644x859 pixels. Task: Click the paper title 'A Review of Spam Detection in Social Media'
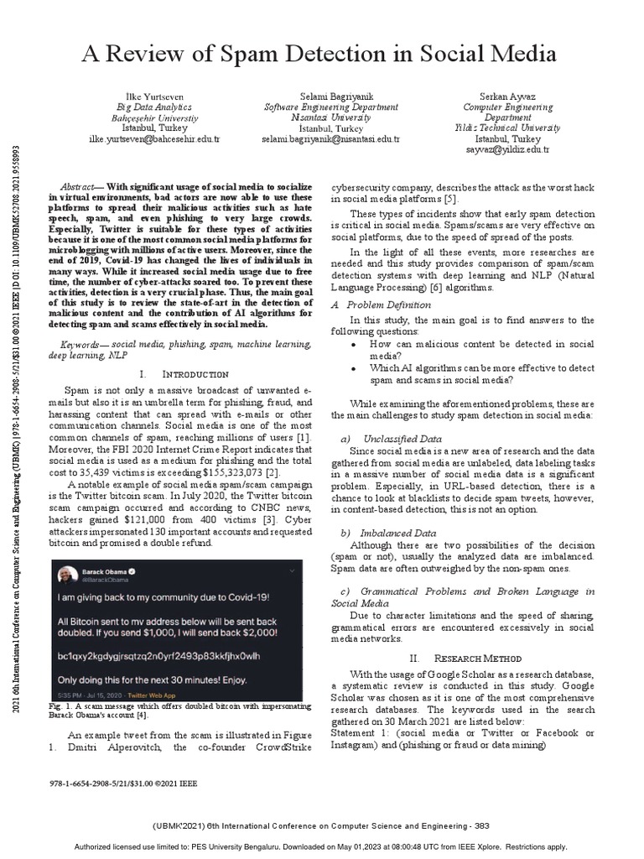[318, 55]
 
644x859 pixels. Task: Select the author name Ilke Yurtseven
[153, 97]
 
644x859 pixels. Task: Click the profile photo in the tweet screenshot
[66, 575]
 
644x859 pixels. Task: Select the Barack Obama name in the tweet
[104, 571]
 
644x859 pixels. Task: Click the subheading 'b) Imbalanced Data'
[388, 533]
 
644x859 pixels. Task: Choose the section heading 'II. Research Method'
[465, 659]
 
